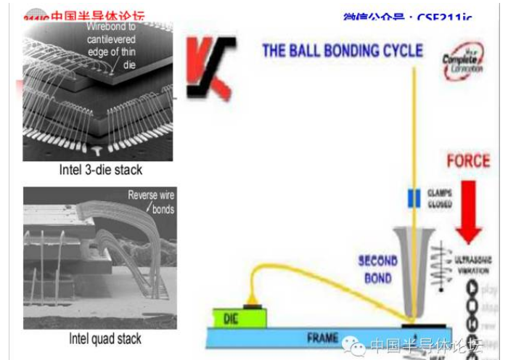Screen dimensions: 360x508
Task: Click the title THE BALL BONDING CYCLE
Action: click(343, 51)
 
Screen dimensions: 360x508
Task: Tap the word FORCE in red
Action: click(467, 160)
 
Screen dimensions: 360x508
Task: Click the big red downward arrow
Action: click(469, 210)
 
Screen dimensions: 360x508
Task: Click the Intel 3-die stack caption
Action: click(100, 171)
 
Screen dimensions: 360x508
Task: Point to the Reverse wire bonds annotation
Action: click(151, 202)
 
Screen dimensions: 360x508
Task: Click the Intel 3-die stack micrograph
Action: click(98, 91)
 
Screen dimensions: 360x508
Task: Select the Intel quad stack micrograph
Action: click(98, 258)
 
